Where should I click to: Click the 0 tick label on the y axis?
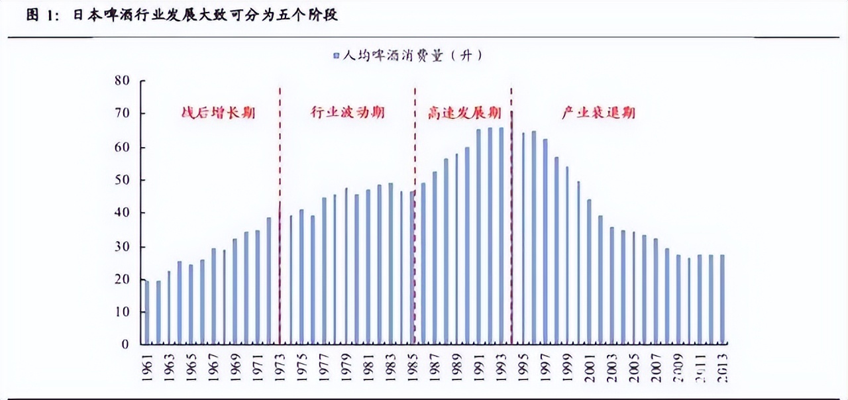pyautogui.click(x=126, y=344)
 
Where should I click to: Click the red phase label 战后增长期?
pyautogui.click(x=218, y=113)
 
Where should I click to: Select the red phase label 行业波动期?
pyautogui.click(x=347, y=113)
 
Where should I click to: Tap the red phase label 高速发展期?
pyautogui.click(x=464, y=113)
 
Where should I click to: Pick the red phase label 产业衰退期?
pyautogui.click(x=598, y=113)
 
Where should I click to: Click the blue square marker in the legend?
pyautogui.click(x=336, y=56)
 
